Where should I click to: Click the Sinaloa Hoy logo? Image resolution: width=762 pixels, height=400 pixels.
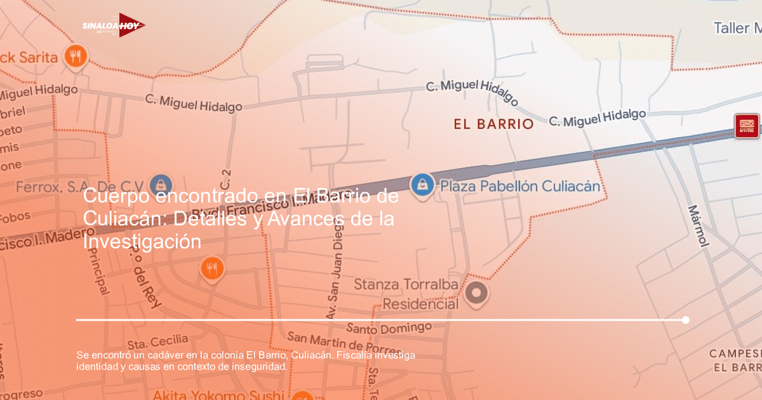114,25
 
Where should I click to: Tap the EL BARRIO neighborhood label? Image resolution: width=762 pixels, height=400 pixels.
493,124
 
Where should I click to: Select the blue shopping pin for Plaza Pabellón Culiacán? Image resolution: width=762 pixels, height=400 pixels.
422,185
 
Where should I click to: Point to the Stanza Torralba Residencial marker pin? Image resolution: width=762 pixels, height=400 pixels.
476,292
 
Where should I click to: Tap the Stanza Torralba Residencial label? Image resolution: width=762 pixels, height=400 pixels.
406,295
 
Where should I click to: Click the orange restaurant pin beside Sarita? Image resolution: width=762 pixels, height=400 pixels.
76,56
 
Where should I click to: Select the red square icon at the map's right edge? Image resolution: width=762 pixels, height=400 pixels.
747,126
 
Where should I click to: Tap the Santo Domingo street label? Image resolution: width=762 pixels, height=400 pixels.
389,328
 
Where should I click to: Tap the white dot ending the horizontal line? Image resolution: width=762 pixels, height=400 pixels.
686,320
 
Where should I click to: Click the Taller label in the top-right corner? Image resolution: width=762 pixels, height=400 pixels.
737,28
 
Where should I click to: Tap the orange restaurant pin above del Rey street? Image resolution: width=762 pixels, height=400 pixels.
212,269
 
